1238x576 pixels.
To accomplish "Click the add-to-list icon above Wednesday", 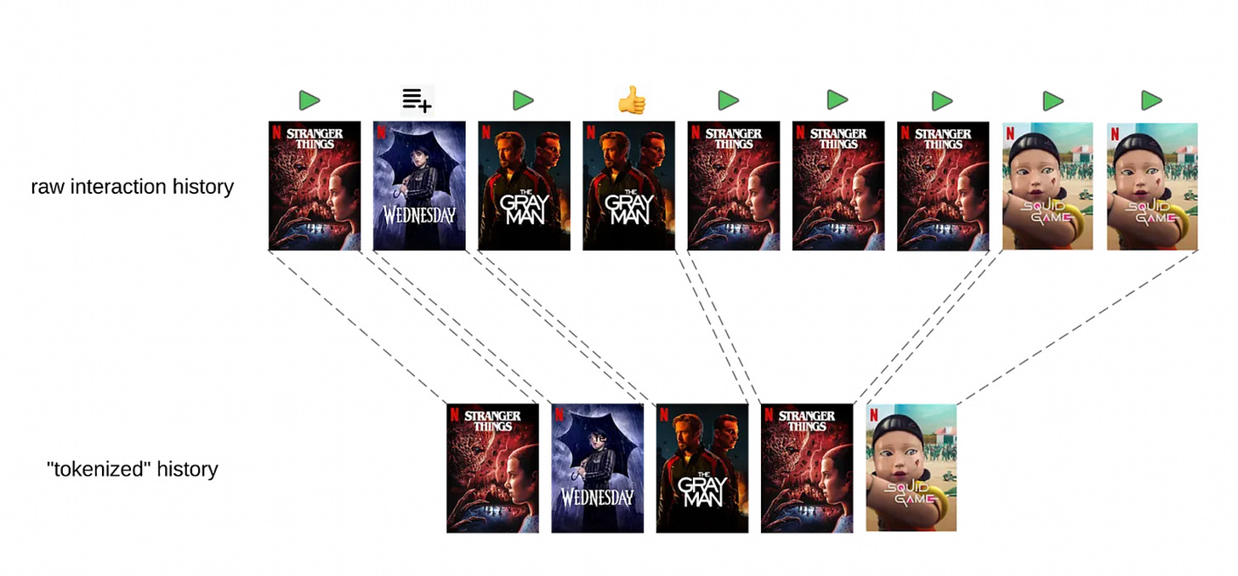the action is tap(417, 100).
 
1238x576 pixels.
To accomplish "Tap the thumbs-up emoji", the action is tap(631, 100).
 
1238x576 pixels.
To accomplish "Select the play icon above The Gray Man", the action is tap(522, 100).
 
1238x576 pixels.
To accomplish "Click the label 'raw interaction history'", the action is tap(132, 187).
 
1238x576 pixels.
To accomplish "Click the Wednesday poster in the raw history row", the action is tap(419, 186).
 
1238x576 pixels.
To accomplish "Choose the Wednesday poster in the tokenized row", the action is tap(597, 468).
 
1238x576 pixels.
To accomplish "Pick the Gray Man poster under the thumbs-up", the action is tap(628, 186).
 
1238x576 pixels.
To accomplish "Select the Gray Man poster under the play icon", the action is tap(524, 186).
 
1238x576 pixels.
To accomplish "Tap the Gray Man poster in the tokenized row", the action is tap(702, 468).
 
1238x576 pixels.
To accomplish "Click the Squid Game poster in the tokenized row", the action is tap(911, 468).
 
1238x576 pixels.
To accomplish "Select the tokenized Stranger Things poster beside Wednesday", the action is tap(492, 468).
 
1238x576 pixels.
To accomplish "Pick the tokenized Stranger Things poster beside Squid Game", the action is tap(807, 468).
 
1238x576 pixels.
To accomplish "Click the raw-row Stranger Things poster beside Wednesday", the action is tap(315, 186).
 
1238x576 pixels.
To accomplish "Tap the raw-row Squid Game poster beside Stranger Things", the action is tap(1048, 186).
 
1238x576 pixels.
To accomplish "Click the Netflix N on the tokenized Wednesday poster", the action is tap(559, 414).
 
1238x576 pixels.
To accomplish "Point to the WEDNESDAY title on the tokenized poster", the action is tap(597, 498).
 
